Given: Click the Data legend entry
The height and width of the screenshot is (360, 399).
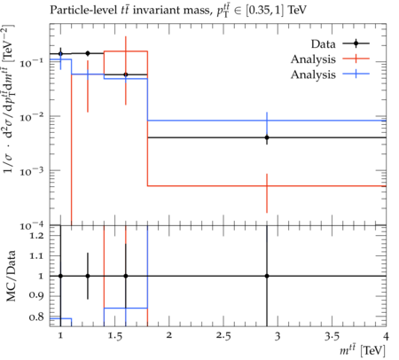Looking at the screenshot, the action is tap(340, 43).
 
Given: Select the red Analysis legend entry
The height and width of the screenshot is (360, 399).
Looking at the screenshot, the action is tap(330, 59).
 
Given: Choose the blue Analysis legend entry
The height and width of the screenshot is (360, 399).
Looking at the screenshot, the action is tap(330, 74).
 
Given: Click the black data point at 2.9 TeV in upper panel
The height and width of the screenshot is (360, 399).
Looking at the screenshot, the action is tap(267, 137).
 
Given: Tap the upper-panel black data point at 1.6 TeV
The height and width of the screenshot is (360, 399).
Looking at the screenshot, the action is tap(126, 74).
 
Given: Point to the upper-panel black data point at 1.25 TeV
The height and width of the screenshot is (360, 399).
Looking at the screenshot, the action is tap(88, 53).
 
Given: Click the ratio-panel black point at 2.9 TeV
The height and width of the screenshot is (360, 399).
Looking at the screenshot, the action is tap(267, 276).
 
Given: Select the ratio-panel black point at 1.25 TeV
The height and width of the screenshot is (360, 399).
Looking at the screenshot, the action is tap(88, 276).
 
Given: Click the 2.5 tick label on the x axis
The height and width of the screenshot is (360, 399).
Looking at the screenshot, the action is tap(223, 336).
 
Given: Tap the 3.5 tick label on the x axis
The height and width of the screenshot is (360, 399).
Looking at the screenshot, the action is tap(332, 336).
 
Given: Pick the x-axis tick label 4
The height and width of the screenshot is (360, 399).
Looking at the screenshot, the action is tap(386, 336).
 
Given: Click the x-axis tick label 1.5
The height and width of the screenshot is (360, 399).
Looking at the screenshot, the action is tap(114, 336).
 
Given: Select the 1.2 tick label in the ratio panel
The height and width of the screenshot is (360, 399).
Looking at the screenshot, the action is tap(36, 236).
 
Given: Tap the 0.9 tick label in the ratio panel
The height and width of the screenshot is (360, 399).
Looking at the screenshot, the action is tap(36, 296).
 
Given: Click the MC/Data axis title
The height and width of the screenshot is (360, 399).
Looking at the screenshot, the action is tap(11, 276).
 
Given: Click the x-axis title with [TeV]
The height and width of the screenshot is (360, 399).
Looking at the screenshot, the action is tap(363, 350).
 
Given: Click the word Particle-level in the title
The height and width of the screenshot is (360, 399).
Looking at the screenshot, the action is tap(83, 10).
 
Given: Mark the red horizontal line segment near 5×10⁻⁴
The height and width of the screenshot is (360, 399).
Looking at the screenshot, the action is tap(267, 186).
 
